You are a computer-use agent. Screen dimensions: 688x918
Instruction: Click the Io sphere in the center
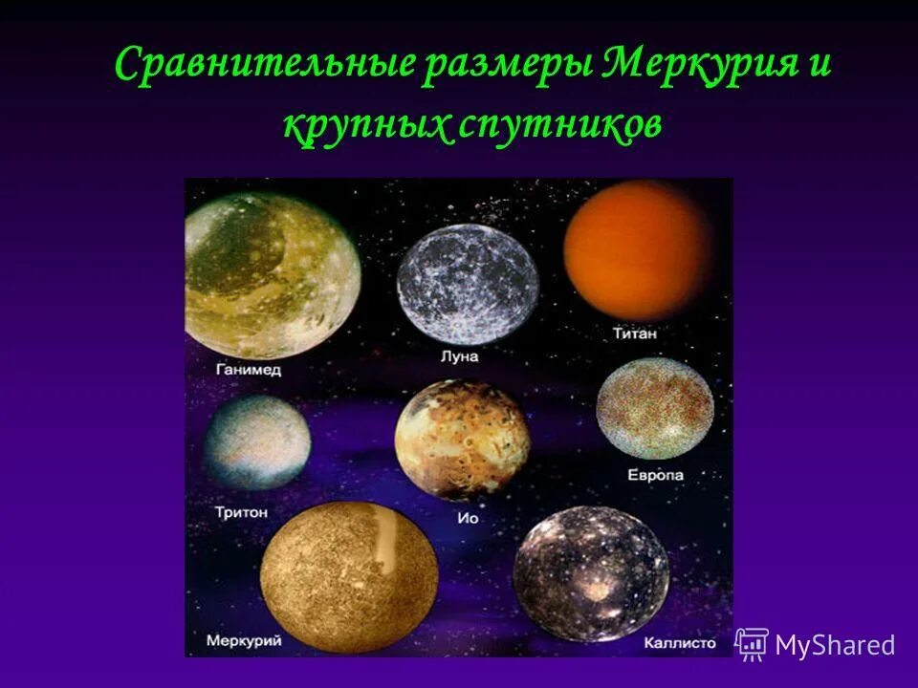click(461, 441)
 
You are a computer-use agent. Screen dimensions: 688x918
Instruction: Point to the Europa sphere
click(655, 409)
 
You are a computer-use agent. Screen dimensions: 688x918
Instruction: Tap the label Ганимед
click(249, 370)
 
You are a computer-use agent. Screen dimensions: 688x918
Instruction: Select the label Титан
click(637, 334)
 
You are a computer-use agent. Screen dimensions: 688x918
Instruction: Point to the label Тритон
click(242, 512)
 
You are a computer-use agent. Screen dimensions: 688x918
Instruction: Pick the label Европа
click(656, 475)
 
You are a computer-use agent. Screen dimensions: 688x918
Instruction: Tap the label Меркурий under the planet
click(243, 641)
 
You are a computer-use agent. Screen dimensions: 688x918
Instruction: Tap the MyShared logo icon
click(753, 644)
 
